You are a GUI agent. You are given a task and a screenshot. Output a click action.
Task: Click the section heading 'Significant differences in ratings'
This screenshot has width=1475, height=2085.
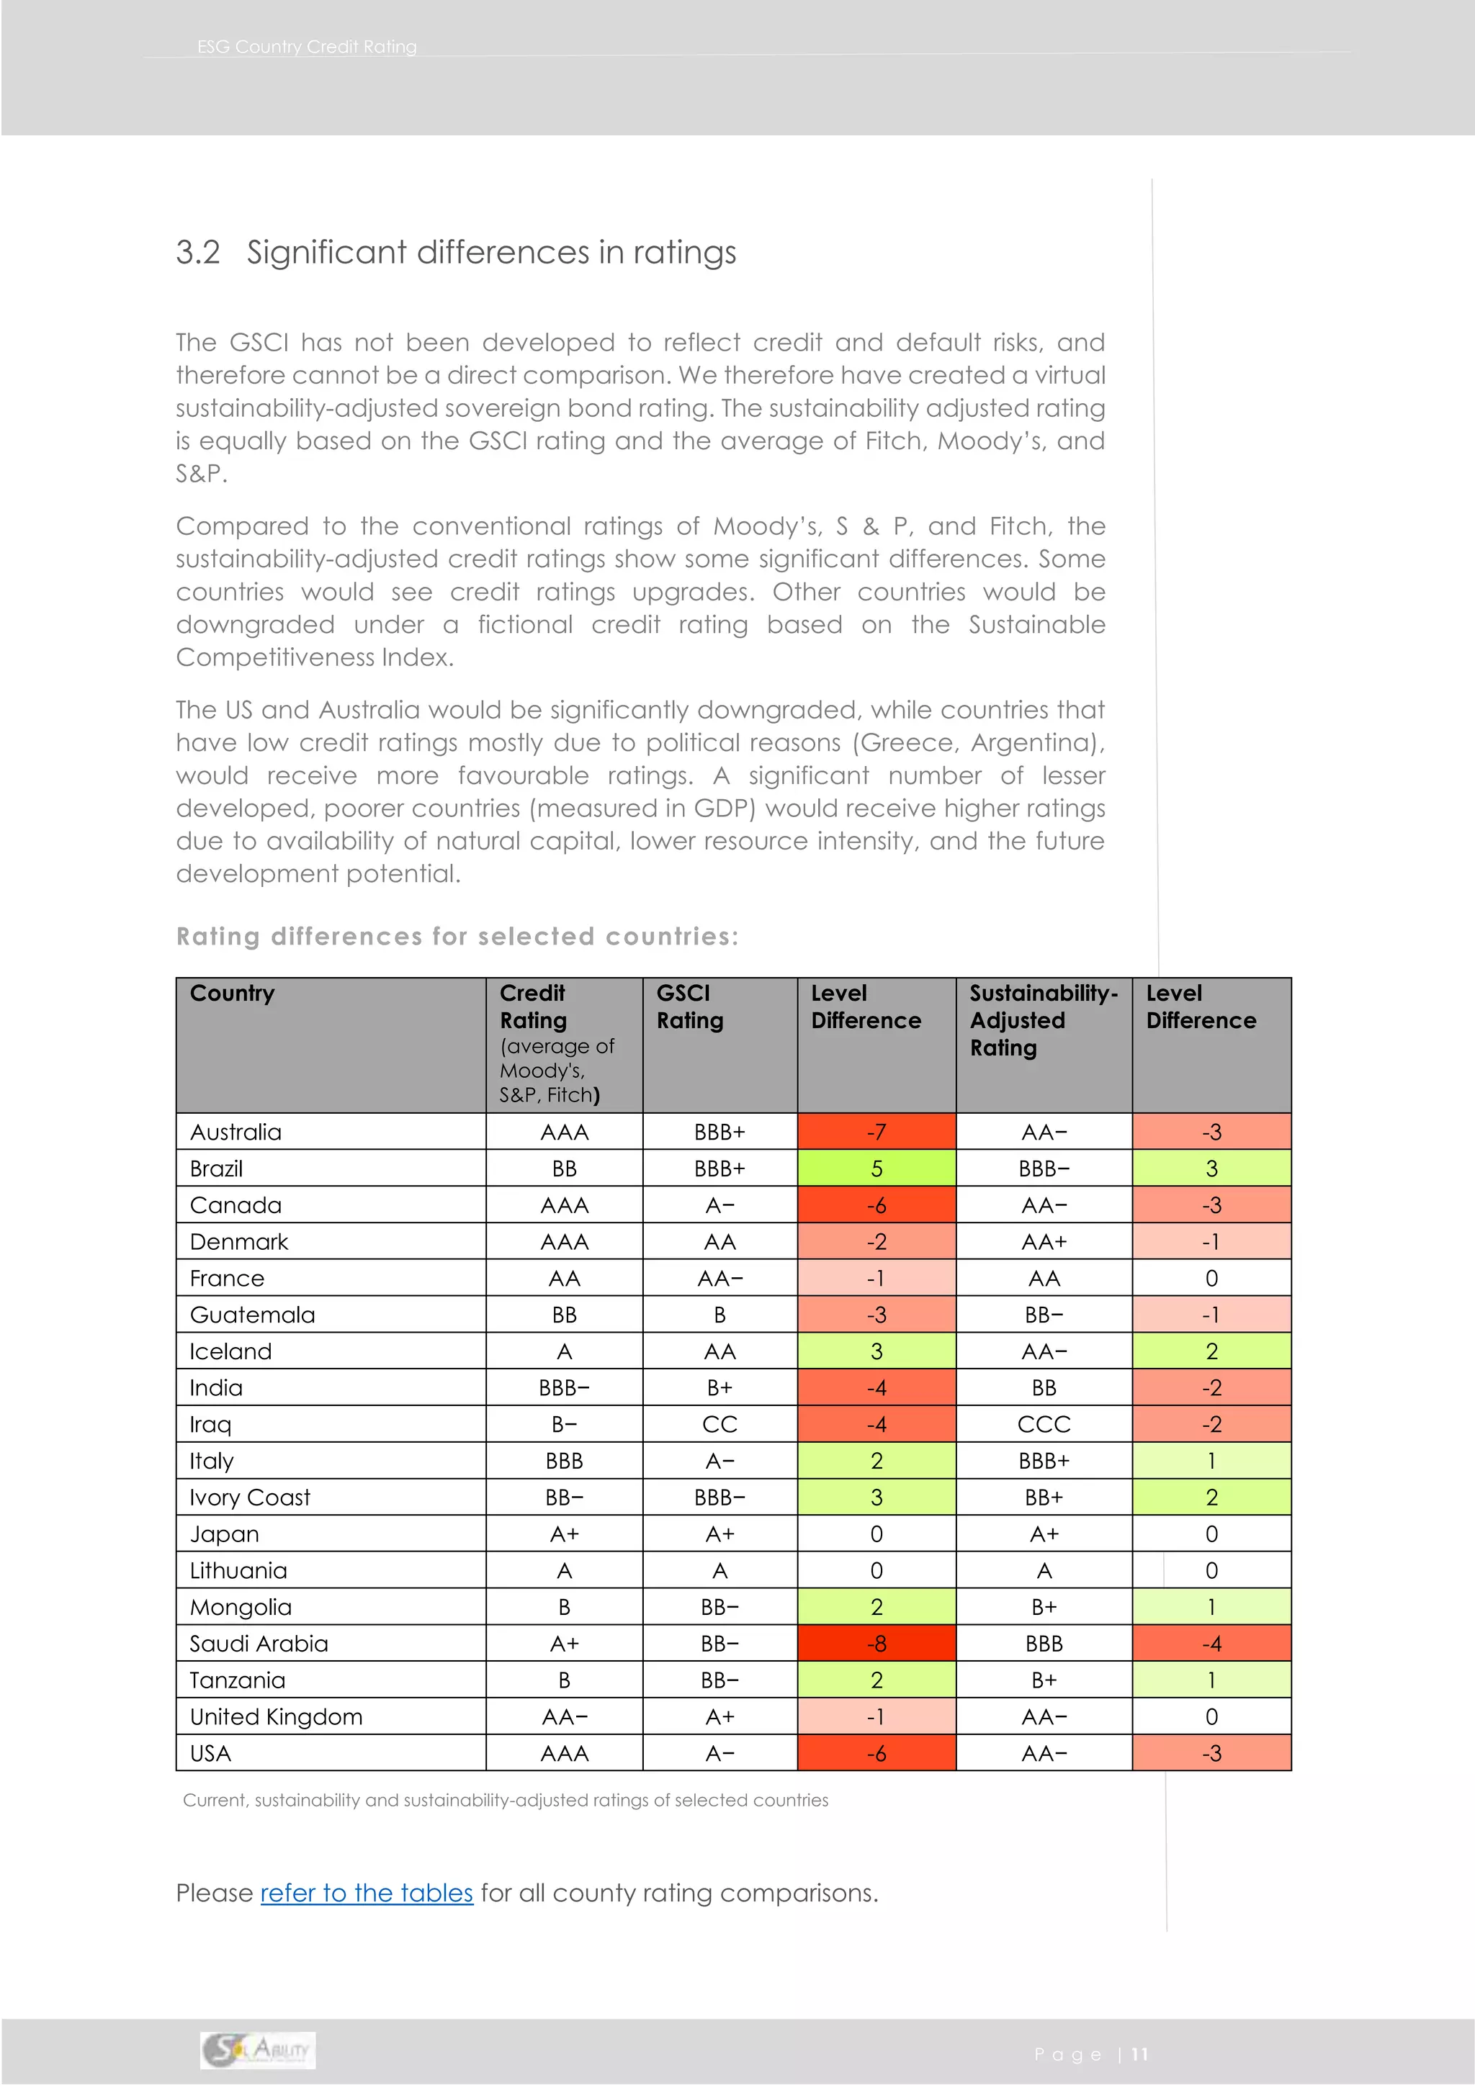tap(490, 253)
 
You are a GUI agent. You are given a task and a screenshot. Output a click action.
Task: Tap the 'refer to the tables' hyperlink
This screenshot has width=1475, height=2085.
tap(366, 1893)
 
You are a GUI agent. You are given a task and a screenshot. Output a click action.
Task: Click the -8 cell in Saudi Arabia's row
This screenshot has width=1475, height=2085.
tap(876, 1644)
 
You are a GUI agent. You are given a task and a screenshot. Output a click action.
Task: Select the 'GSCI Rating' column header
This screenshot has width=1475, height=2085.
tap(689, 1007)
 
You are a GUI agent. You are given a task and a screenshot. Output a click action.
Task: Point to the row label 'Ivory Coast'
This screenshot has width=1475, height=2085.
tap(250, 1498)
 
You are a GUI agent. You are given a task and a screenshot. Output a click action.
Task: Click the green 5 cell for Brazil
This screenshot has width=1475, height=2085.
tap(876, 1168)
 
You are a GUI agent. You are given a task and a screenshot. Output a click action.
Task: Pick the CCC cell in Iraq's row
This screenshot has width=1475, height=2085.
tap(1044, 1425)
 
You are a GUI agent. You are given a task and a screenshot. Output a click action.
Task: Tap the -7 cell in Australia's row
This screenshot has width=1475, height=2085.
tap(876, 1132)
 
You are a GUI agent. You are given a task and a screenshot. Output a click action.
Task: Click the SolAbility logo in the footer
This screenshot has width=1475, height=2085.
tap(258, 2050)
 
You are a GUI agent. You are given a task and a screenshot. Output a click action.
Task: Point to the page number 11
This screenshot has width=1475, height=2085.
tap(1139, 2054)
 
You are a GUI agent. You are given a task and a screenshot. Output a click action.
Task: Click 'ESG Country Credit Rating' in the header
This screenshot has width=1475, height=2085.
tap(307, 46)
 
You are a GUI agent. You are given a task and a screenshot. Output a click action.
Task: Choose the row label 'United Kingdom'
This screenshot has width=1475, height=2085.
tap(276, 1717)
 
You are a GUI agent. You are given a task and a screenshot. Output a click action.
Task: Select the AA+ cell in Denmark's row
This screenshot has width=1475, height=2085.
tap(1044, 1242)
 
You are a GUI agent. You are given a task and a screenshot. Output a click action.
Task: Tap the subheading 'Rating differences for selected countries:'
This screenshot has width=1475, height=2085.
tap(457, 936)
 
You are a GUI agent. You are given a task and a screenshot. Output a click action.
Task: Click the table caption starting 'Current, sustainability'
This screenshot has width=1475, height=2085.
tap(505, 1800)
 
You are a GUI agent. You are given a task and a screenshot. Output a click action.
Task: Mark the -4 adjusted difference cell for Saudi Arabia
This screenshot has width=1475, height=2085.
tap(1211, 1644)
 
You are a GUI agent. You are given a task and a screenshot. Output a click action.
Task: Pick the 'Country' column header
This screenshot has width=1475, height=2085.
tap(232, 994)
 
